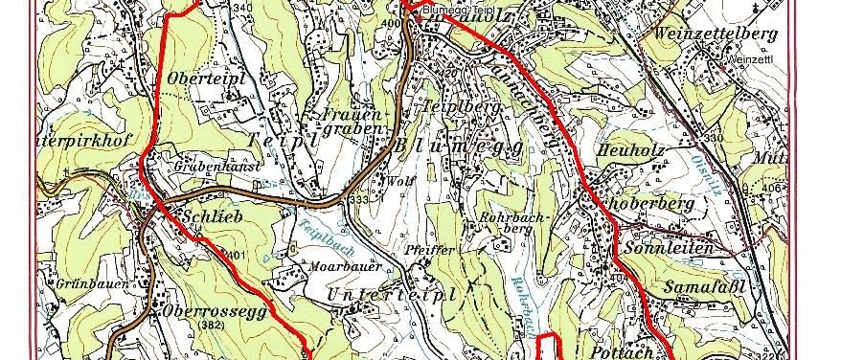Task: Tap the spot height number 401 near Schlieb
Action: point(238,254)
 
